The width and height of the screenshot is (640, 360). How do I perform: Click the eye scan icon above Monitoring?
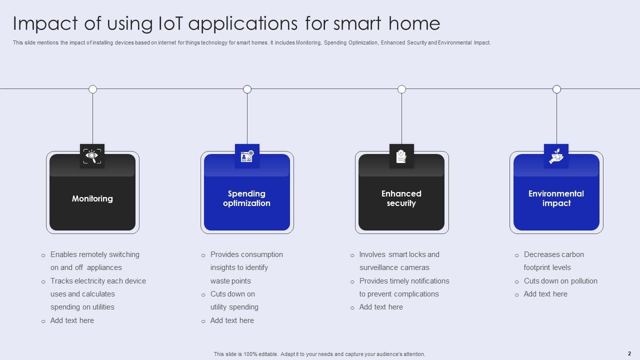tap(92, 156)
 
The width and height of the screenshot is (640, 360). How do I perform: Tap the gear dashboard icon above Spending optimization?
tap(247, 156)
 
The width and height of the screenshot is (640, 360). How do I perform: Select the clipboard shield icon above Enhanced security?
tap(401, 156)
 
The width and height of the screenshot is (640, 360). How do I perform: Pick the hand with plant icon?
tap(556, 156)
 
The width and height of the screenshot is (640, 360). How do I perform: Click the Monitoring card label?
tap(92, 198)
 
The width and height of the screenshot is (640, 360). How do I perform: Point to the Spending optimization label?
tap(246, 198)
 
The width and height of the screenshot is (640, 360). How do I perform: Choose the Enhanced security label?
tap(401, 198)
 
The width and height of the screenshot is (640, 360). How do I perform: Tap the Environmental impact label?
tap(556, 198)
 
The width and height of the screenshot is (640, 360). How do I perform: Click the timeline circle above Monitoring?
tap(92, 89)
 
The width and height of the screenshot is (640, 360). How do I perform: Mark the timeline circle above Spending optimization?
tap(247, 89)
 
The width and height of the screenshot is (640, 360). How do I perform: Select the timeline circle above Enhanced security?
tap(401, 89)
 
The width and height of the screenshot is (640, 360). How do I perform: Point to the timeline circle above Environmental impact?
tap(556, 89)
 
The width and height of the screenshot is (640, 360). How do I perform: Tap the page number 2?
tap(629, 353)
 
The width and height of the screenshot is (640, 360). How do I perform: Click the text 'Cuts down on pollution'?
tap(560, 281)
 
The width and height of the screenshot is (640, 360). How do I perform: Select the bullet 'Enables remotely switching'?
tap(95, 254)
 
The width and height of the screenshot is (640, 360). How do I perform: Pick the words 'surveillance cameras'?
tap(394, 267)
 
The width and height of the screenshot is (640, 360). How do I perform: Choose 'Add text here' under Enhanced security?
tap(381, 307)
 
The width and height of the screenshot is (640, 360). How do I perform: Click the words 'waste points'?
tap(230, 281)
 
